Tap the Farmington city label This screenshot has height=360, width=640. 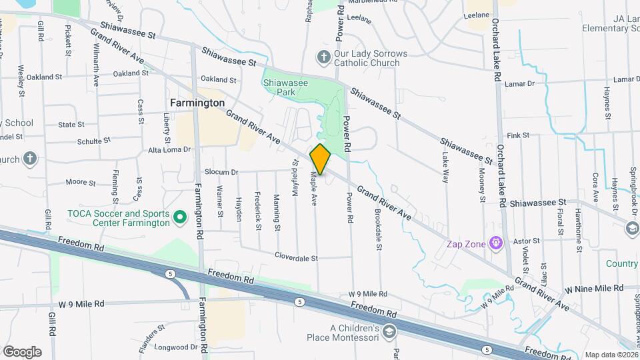point(197,103)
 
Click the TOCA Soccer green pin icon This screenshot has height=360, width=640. point(179,218)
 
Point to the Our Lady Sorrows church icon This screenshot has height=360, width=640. point(324,57)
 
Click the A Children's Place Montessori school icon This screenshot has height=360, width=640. point(389,331)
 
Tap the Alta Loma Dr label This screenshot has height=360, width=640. point(169,150)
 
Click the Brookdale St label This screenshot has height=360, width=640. point(378,231)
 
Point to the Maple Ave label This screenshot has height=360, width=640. point(313,189)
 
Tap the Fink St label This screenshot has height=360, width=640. point(518,135)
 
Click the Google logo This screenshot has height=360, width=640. point(22,351)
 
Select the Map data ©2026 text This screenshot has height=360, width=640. point(611,355)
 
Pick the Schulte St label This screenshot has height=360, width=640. point(89,141)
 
